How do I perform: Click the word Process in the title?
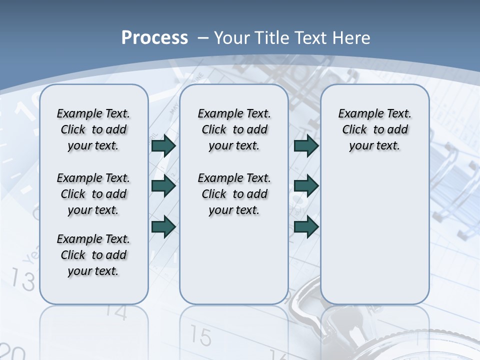154,38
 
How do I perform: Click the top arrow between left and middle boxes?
163,146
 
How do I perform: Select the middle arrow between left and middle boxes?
163,186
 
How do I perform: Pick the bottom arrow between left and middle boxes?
163,226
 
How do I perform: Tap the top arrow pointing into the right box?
306,146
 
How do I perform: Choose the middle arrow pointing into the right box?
306,186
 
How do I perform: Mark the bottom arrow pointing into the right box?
306,226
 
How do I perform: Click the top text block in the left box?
93,129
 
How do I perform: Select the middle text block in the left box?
93,194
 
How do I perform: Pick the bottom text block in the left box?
93,255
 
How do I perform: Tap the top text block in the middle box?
234,129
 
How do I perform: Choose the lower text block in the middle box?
234,194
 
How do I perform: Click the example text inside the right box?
374,129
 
